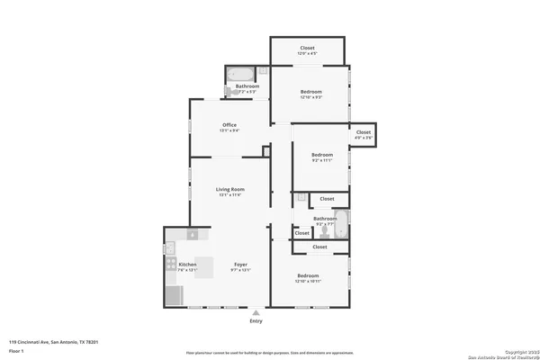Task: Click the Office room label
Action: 229,125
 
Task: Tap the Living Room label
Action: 229,189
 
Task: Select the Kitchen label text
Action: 175,264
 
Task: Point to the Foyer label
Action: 239,264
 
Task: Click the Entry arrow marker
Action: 256,310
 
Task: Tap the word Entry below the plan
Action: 256,320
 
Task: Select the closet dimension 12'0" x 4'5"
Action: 307,54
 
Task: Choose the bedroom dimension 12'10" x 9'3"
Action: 311,97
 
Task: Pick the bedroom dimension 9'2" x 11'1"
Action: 322,160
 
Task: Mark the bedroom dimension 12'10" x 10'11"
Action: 307,281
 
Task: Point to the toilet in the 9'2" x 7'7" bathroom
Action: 321,229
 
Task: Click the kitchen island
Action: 204,267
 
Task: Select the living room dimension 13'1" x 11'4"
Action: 229,194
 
